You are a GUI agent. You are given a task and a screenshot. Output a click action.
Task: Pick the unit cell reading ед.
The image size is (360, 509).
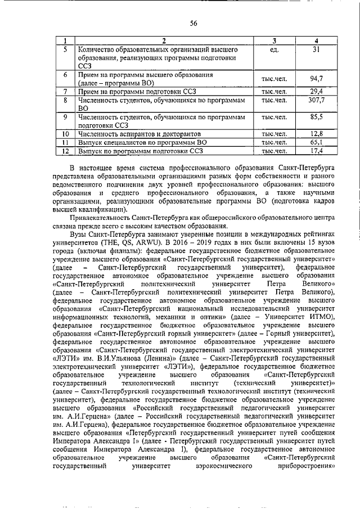point(274,50)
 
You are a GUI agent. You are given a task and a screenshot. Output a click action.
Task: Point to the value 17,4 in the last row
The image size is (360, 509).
point(317,151)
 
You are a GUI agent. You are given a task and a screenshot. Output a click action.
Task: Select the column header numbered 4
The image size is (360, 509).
point(317,41)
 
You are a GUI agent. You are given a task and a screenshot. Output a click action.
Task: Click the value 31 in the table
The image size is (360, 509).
point(317,50)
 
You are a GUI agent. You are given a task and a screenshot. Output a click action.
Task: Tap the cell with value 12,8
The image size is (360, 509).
point(317,134)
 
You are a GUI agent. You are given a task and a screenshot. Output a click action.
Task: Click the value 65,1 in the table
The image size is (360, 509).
point(317,143)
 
